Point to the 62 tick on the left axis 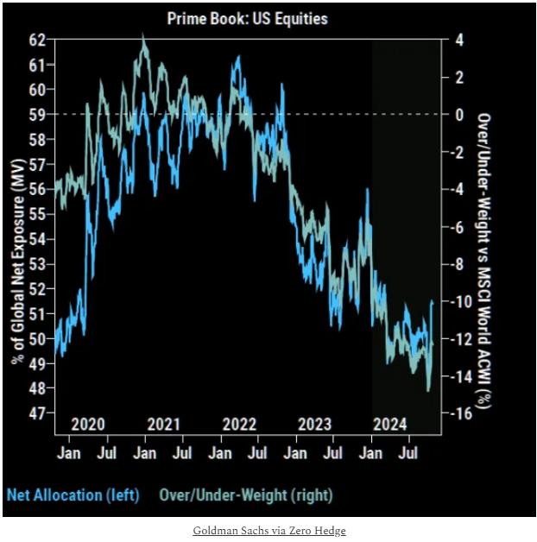[35, 40]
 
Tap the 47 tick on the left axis [35, 414]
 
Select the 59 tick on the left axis [35, 114]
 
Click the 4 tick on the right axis [460, 40]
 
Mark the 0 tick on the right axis [460, 114]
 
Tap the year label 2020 [88, 424]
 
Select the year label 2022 [239, 424]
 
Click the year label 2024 [389, 424]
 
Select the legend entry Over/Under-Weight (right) [247, 495]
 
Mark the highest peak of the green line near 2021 [143, 36]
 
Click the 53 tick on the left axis [35, 264]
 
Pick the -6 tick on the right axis [459, 227]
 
